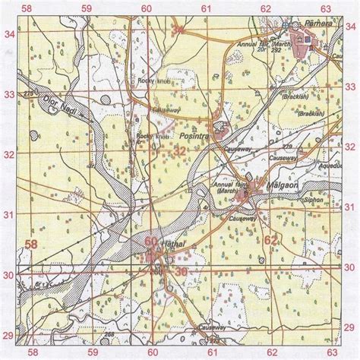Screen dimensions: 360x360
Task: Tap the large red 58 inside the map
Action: [33, 245]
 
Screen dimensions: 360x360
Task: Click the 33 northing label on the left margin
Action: [9, 95]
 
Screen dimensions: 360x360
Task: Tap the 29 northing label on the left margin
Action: [9, 335]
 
